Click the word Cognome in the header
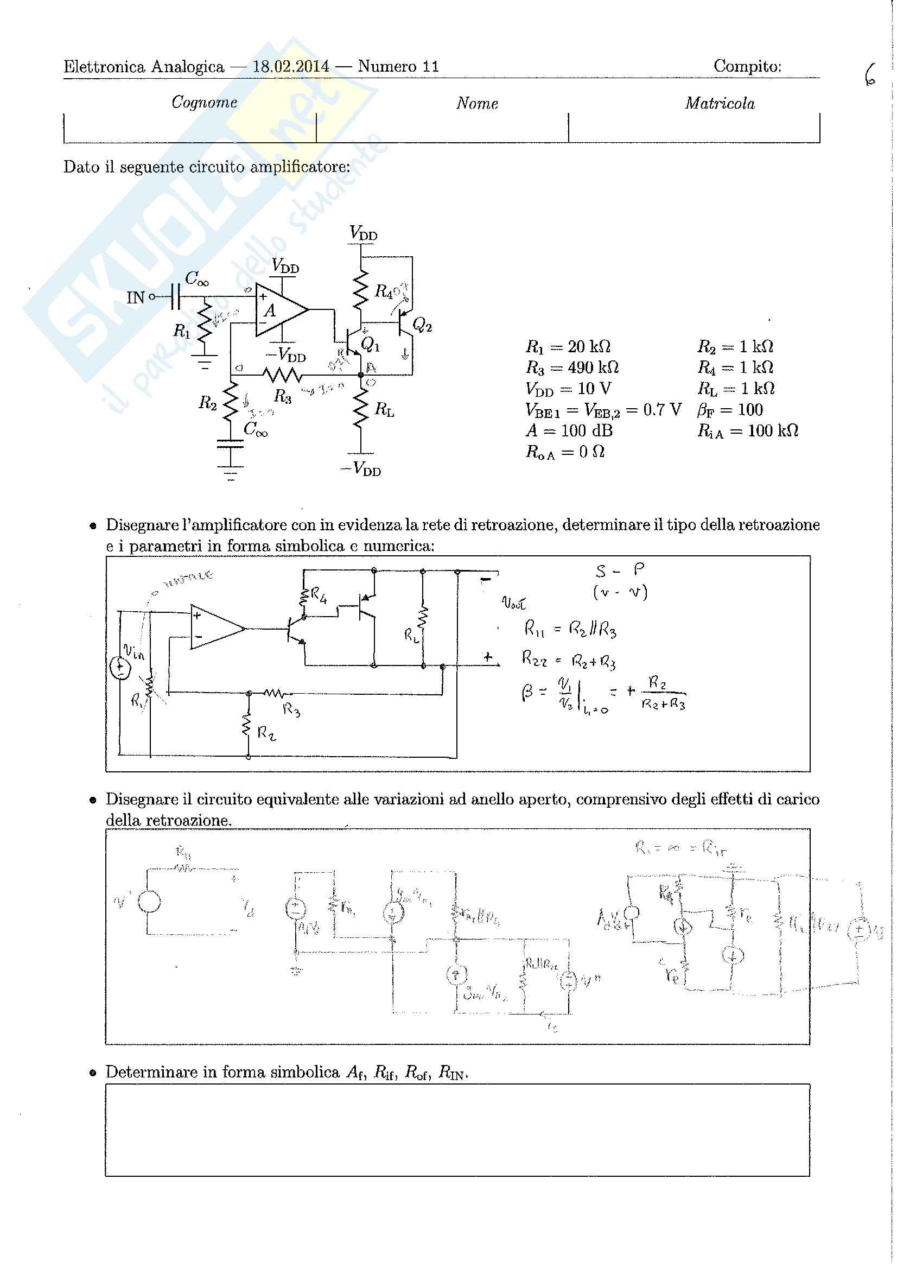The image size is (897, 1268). (x=205, y=102)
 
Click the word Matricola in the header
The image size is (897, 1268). (x=719, y=103)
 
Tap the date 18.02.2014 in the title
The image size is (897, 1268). (x=290, y=67)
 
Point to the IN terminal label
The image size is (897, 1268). (x=135, y=298)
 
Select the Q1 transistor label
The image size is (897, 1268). (x=370, y=345)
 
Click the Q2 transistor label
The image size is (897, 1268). (x=422, y=326)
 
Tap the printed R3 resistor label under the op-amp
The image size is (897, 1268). (x=282, y=396)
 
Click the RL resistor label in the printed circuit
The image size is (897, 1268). (x=384, y=409)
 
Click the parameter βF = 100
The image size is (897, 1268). (x=730, y=409)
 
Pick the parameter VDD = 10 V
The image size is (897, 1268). (x=568, y=389)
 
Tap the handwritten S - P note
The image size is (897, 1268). (x=621, y=570)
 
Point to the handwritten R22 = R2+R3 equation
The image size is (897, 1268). (x=568, y=660)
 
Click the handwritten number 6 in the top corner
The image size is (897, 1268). (x=870, y=75)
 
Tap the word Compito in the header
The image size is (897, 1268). (x=747, y=66)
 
